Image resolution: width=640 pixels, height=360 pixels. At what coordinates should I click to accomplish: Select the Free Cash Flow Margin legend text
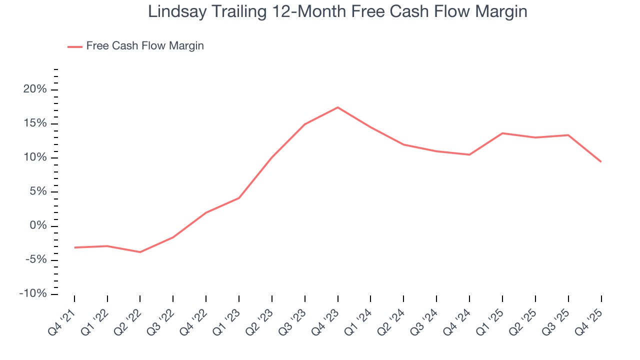tap(145, 46)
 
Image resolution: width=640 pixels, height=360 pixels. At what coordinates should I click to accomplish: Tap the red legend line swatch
tap(75, 46)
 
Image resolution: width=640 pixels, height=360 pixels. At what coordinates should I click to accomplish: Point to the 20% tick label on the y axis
tap(34, 89)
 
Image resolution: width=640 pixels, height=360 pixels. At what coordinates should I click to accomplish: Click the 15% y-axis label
tap(34, 123)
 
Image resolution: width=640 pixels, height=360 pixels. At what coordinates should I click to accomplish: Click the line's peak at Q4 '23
tap(338, 107)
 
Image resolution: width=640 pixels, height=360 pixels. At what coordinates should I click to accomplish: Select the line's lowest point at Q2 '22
tap(140, 252)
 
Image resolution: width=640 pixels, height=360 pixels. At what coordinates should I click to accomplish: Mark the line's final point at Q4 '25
tap(601, 161)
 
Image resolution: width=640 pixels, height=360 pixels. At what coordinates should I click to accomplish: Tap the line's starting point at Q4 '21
tap(74, 247)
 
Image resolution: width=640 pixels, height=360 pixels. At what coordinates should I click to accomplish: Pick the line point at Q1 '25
tap(502, 133)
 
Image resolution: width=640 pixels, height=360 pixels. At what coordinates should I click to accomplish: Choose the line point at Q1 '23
tap(239, 198)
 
